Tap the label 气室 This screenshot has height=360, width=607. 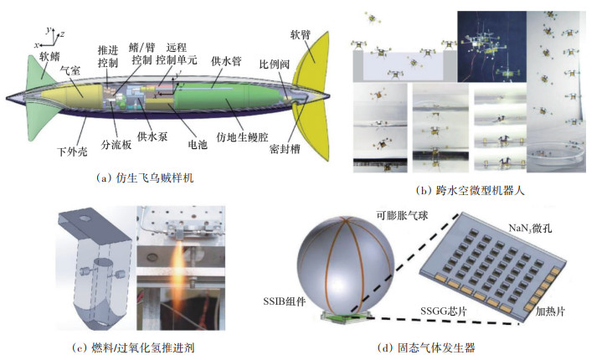tap(80, 75)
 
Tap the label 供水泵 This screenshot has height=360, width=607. tap(151, 136)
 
